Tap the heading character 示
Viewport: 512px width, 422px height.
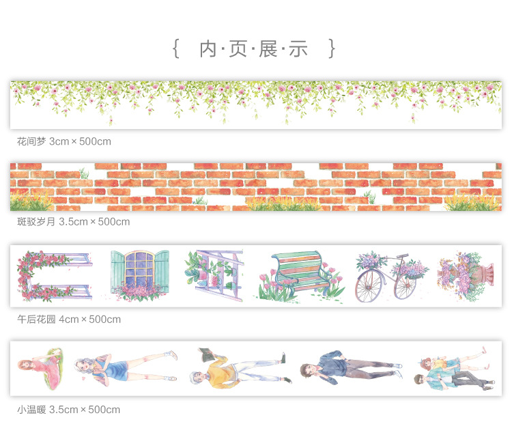(x=298, y=48)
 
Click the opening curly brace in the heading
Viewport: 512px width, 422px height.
(x=175, y=48)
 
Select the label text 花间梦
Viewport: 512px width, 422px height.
(x=31, y=141)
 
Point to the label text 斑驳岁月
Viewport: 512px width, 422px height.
(x=36, y=221)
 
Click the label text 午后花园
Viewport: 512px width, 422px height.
(x=36, y=319)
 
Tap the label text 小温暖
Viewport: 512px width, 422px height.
(x=31, y=410)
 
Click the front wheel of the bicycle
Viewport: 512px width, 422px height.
(x=406, y=286)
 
